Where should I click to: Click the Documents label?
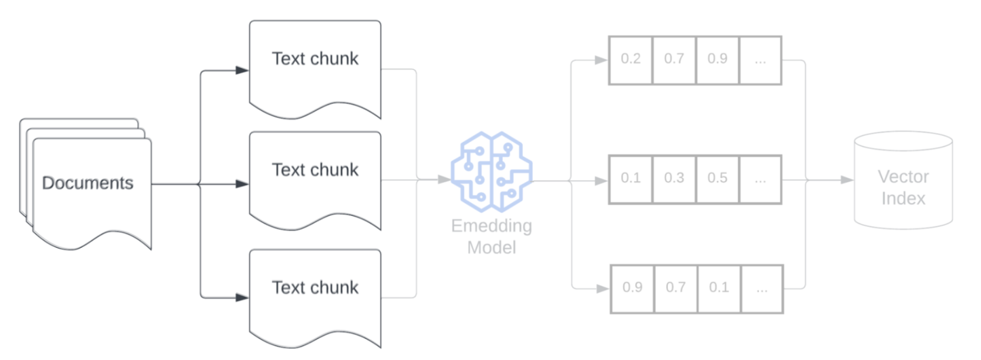tap(87, 183)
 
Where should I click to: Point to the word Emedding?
tap(492, 226)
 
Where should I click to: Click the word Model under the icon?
tap(492, 248)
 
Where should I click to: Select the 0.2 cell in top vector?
tap(631, 60)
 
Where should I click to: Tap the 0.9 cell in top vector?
tap(717, 60)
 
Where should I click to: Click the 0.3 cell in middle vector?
tap(674, 179)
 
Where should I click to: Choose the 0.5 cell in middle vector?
tap(717, 179)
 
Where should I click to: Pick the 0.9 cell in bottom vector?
tap(633, 288)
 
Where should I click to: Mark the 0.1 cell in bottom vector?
tap(719, 288)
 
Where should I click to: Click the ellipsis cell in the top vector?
tap(760, 60)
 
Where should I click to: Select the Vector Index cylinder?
tap(903, 182)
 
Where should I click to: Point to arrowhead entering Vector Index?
tap(848, 179)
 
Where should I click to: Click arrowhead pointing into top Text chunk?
tap(242, 70)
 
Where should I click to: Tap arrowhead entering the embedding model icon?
tap(444, 179)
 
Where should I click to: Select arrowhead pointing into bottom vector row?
tap(603, 289)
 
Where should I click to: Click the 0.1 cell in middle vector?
tap(631, 179)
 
